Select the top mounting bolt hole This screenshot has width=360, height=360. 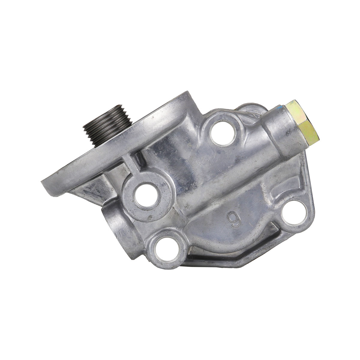(x=222, y=133)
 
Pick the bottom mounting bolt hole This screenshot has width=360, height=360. (x=166, y=249)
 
